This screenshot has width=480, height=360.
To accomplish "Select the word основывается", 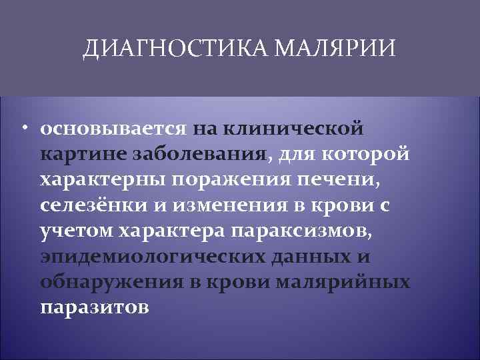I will tap(115, 127).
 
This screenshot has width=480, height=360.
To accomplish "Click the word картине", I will tap(85, 154).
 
